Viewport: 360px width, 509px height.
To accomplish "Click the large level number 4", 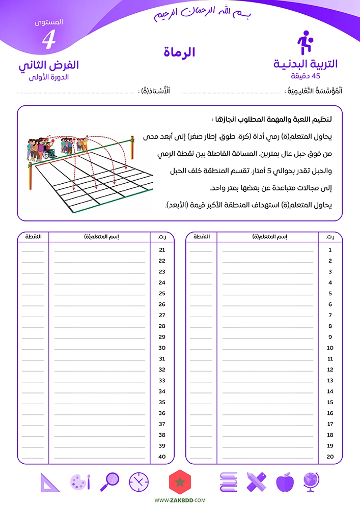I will [x=48, y=40].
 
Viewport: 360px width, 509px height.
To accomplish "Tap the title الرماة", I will [x=179, y=52].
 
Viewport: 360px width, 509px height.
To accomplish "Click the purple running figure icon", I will [x=304, y=43].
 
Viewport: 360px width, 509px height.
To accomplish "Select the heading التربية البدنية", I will [x=305, y=64].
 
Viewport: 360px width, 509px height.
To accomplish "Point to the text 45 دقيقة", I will [x=305, y=76].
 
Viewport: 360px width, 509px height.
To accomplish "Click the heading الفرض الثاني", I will [x=48, y=65].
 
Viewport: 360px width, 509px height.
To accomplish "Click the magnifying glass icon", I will [x=110, y=481].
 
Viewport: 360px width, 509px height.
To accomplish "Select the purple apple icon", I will [x=284, y=482].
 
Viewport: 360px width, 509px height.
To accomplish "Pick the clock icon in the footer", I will [x=139, y=482].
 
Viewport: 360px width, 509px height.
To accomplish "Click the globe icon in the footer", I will [x=311, y=482].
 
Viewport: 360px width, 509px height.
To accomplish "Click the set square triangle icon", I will [x=49, y=482].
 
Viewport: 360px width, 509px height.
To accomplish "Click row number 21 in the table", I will [x=162, y=250].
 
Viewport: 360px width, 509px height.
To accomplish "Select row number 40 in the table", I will [x=162, y=457].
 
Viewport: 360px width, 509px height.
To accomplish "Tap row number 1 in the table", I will [x=330, y=250].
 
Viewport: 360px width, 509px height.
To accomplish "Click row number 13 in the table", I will [x=330, y=380].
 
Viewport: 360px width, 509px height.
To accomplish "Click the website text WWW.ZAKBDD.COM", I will [x=180, y=501].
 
